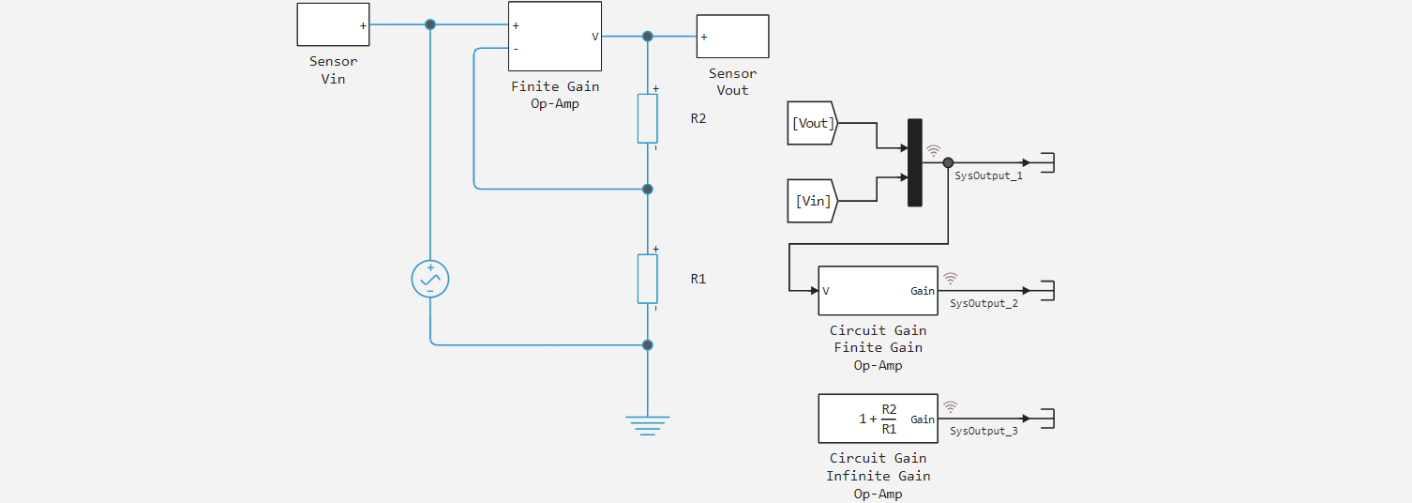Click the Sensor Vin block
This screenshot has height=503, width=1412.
(x=333, y=24)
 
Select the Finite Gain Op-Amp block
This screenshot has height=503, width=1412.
(x=554, y=36)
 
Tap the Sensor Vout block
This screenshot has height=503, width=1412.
(x=732, y=37)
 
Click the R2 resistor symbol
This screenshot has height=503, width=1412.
(x=647, y=118)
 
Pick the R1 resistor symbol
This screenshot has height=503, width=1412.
(x=647, y=279)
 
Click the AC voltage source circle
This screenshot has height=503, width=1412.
(x=430, y=279)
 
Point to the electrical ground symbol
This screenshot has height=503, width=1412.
(x=647, y=424)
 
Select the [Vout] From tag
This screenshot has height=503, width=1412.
(x=811, y=123)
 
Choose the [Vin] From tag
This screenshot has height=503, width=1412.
(x=811, y=201)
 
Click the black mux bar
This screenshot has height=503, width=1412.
(x=915, y=162)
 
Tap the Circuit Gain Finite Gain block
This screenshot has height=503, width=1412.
(x=878, y=291)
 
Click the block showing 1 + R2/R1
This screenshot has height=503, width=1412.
(x=878, y=419)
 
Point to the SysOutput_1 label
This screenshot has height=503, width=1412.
(x=988, y=175)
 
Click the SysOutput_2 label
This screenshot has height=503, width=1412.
(x=984, y=303)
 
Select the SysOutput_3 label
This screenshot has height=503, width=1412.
(x=984, y=431)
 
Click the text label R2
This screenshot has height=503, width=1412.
(x=698, y=119)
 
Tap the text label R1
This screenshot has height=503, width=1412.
(x=698, y=279)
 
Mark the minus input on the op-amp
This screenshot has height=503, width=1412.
(x=516, y=49)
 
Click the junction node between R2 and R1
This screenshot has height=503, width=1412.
(x=647, y=189)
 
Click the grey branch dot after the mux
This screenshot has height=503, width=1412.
(x=948, y=162)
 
